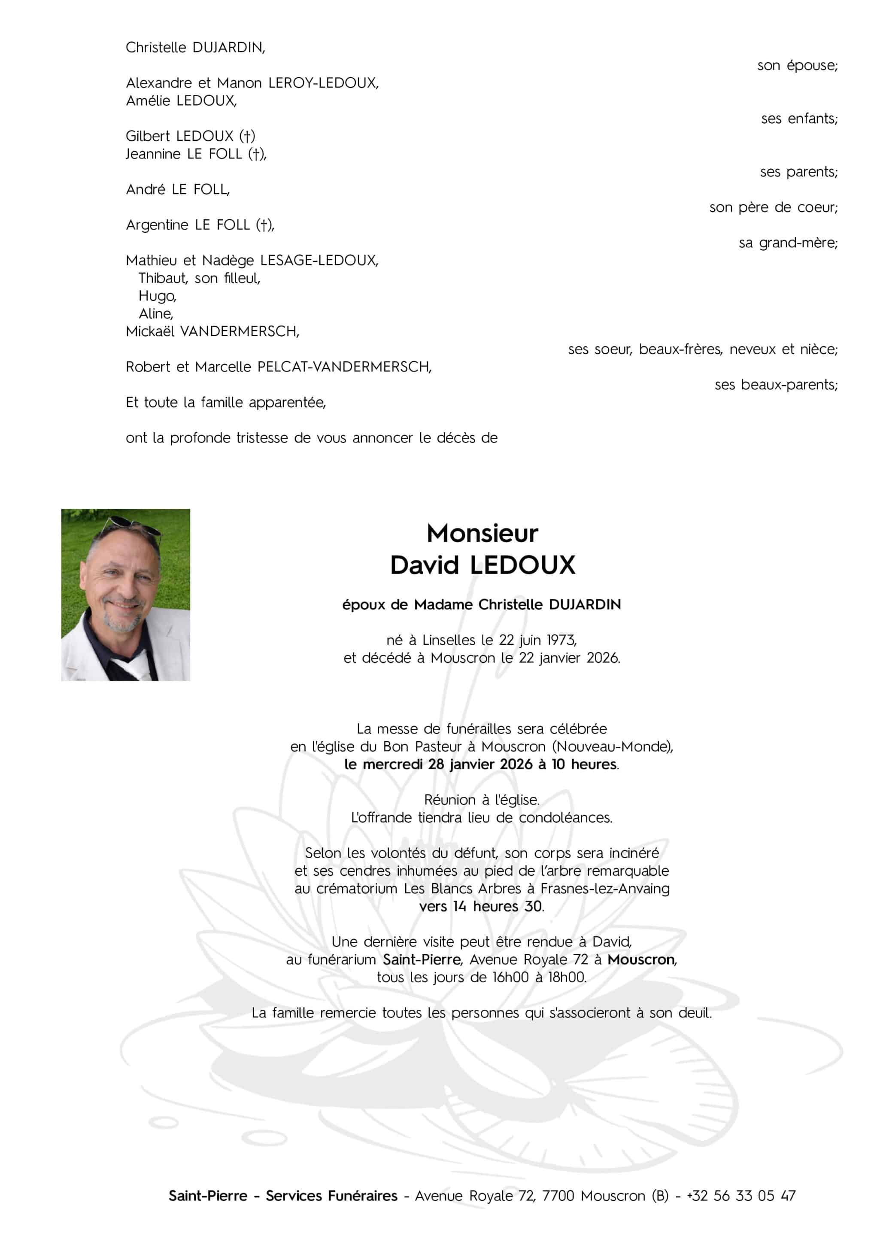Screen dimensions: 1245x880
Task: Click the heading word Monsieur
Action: click(x=482, y=534)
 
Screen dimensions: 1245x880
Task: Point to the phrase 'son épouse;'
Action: click(x=797, y=66)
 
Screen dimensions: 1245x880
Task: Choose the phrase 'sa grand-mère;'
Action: click(x=788, y=243)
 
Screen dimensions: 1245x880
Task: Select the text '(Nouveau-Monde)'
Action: click(x=612, y=747)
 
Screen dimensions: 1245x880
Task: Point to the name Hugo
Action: click(x=157, y=296)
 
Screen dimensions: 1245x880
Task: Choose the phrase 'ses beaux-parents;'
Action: click(x=776, y=385)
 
